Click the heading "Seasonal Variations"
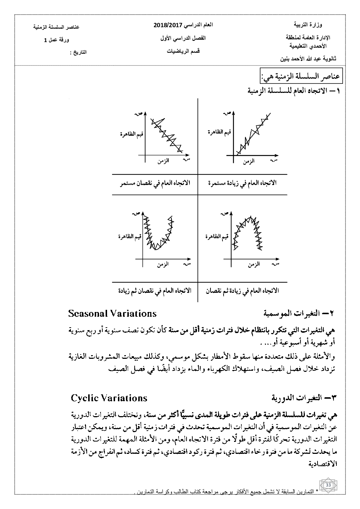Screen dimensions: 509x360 [112, 313]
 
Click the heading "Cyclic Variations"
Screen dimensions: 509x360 [109, 398]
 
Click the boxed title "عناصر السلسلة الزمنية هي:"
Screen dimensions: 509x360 [300, 77]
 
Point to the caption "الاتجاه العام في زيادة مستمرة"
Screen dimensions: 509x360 [242, 183]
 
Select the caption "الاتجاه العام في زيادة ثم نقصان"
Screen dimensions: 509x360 [242, 291]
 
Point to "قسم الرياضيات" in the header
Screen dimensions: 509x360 [183, 51]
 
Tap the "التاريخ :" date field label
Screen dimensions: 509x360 [78, 52]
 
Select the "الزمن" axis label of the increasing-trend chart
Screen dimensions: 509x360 [249, 162]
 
